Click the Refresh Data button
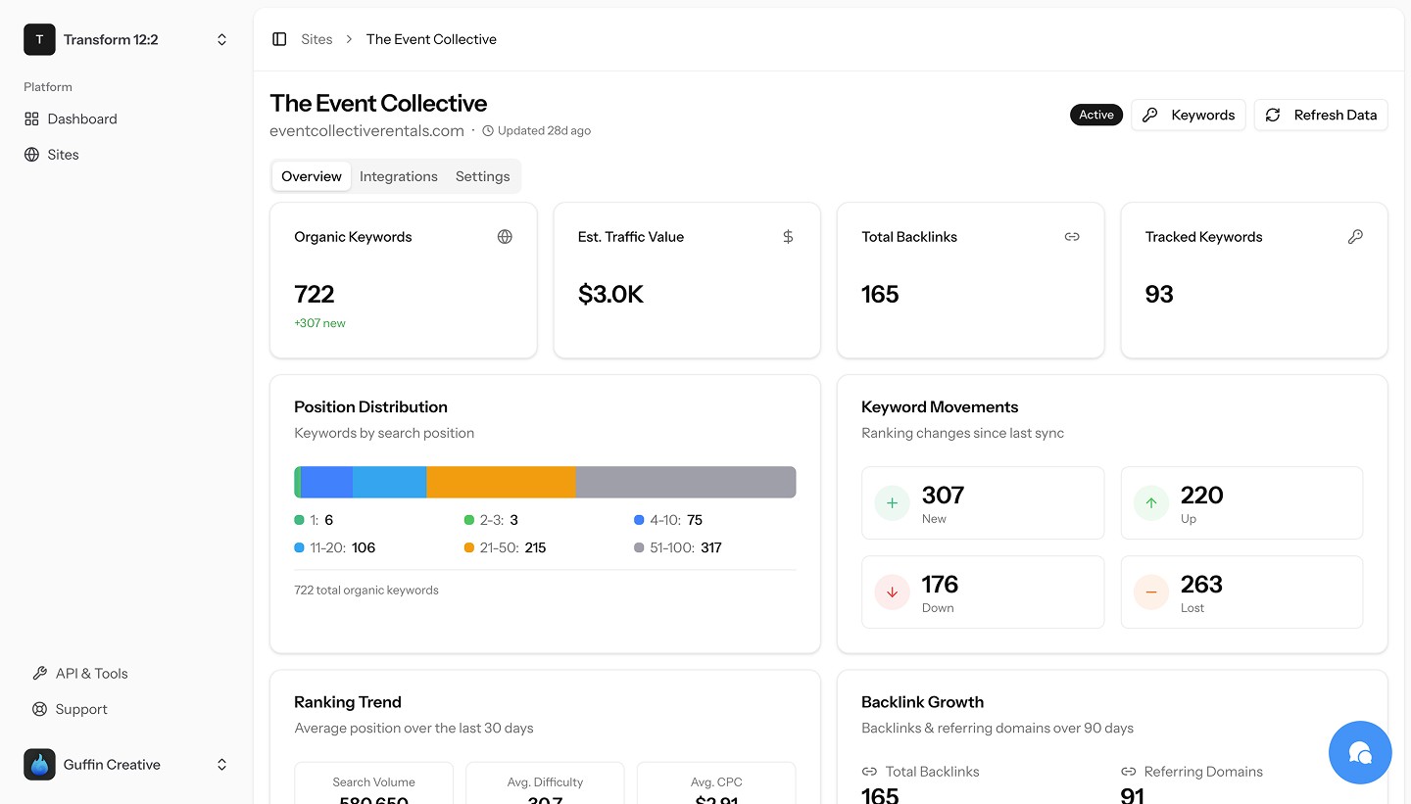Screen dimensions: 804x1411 click(1321, 115)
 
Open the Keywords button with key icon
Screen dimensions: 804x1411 click(1189, 115)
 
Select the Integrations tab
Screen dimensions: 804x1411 click(398, 176)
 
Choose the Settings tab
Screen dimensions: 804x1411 click(482, 176)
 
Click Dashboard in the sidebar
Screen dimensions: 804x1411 click(82, 118)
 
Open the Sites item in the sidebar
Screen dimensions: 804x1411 click(63, 155)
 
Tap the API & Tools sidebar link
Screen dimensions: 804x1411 click(91, 674)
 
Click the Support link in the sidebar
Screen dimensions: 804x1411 click(81, 709)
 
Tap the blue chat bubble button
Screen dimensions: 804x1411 click(1360, 752)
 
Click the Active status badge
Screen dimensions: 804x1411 click(1095, 115)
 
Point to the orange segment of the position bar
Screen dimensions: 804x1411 click(501, 482)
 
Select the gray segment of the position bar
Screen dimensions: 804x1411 click(686, 482)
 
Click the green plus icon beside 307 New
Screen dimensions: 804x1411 click(892, 503)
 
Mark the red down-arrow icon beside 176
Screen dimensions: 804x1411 click(892, 592)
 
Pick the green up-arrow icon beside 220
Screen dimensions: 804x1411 click(1151, 503)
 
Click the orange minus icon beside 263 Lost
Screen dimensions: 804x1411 click(1151, 592)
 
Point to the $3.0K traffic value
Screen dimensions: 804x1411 click(610, 295)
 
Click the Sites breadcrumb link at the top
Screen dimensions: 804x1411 click(316, 39)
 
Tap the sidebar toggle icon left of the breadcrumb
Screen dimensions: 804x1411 click(279, 39)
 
